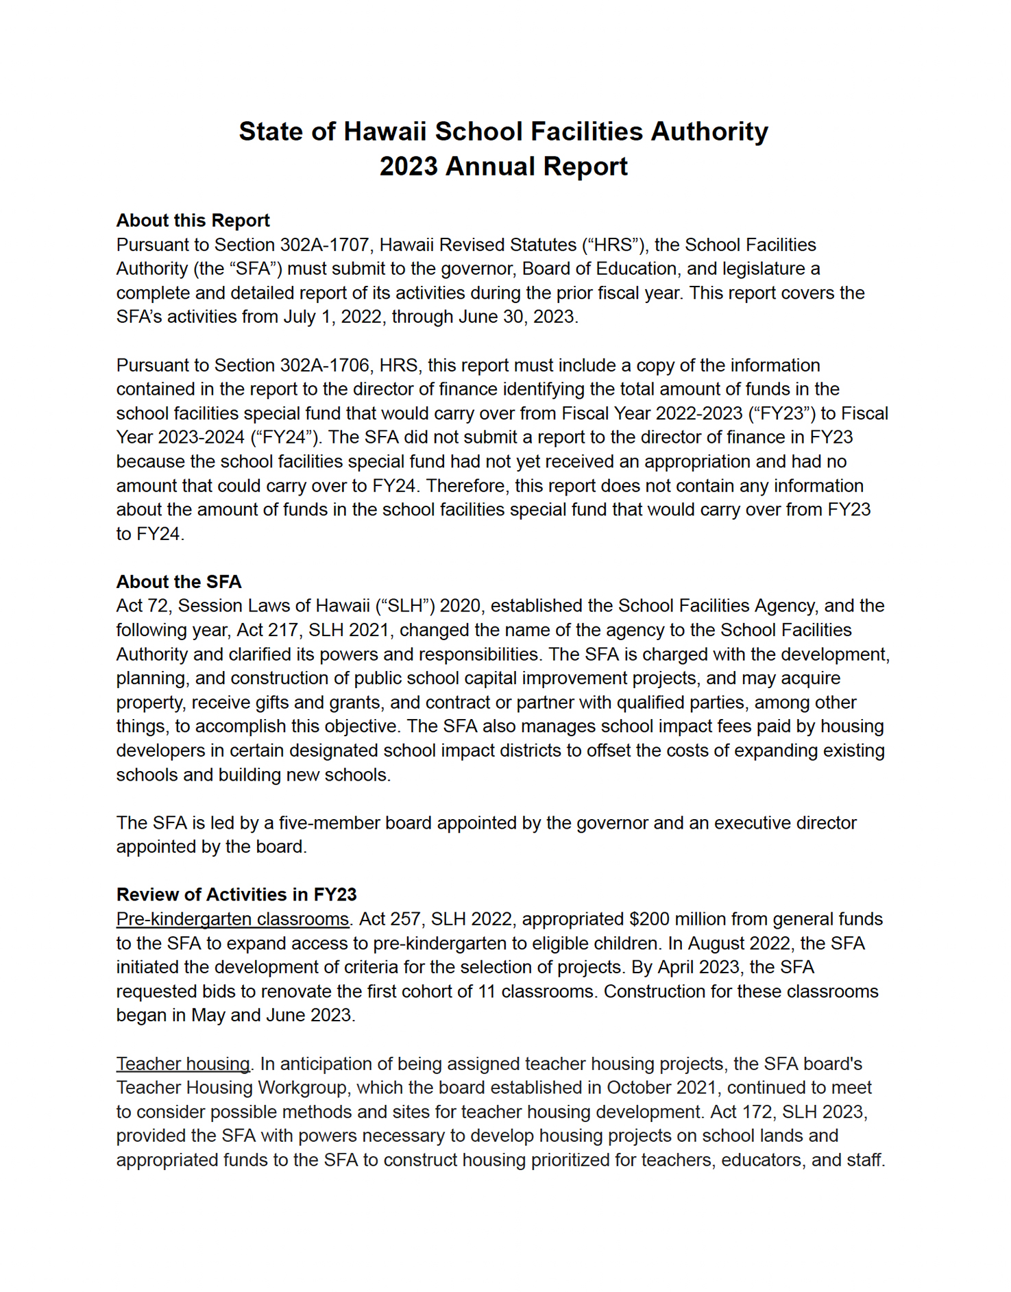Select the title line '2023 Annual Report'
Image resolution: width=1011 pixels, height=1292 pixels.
504,167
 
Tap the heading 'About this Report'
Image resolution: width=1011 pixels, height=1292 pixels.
193,221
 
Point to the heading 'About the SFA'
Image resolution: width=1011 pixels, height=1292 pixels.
178,582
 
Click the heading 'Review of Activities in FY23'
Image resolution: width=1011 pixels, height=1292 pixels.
236,894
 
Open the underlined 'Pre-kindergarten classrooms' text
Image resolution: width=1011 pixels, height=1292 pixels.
232,919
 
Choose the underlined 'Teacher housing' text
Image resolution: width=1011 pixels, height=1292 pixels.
183,1064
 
